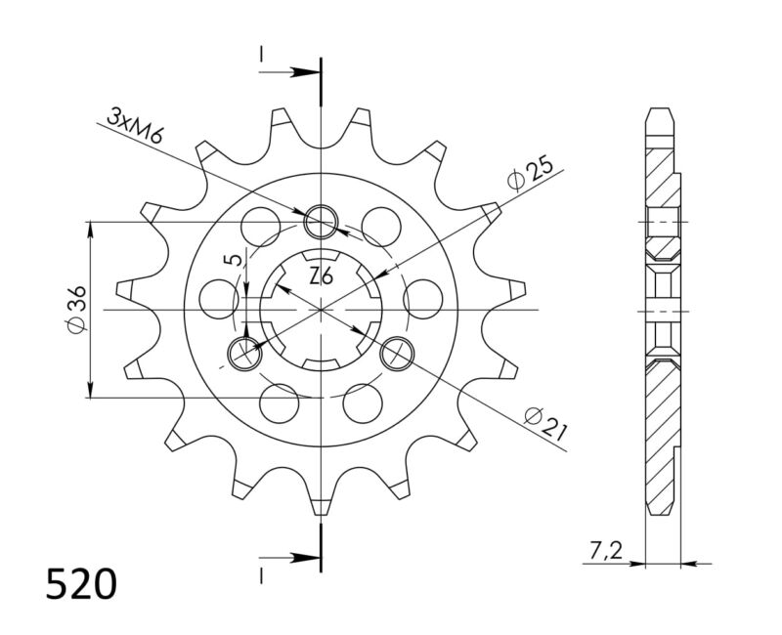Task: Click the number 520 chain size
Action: click(x=82, y=584)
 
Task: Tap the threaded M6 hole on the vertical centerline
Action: click(x=321, y=223)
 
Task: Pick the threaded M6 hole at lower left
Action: click(x=244, y=353)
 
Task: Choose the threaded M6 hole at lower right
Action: click(x=396, y=353)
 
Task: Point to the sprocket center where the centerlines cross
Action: click(x=321, y=310)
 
